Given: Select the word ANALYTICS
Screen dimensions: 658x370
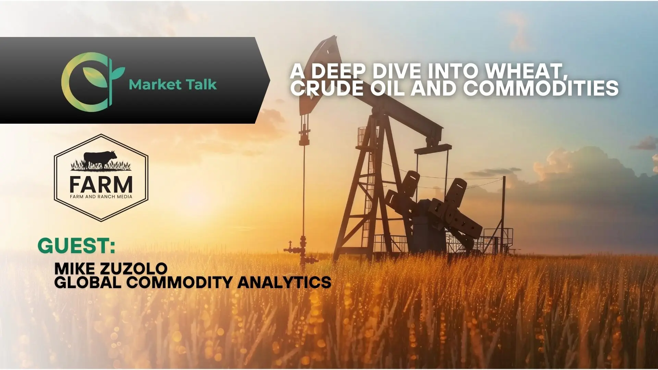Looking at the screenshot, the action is [284, 282].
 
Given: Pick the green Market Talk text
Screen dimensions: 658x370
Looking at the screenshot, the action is [173, 84].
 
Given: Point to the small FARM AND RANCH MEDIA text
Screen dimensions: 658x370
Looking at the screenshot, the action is [101, 196].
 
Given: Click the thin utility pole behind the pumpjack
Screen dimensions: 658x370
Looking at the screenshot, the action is [504, 215].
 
